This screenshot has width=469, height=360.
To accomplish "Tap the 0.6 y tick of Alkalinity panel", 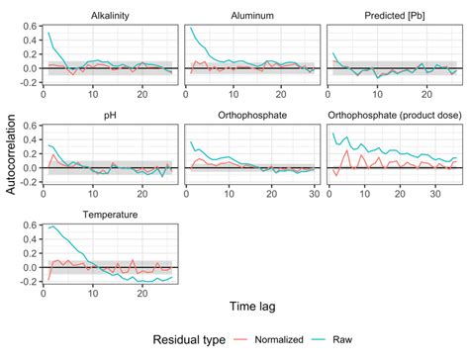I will point(30,27).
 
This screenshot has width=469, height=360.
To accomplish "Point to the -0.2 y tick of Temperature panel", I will point(28,282).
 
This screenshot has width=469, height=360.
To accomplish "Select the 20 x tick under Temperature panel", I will point(141,292).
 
